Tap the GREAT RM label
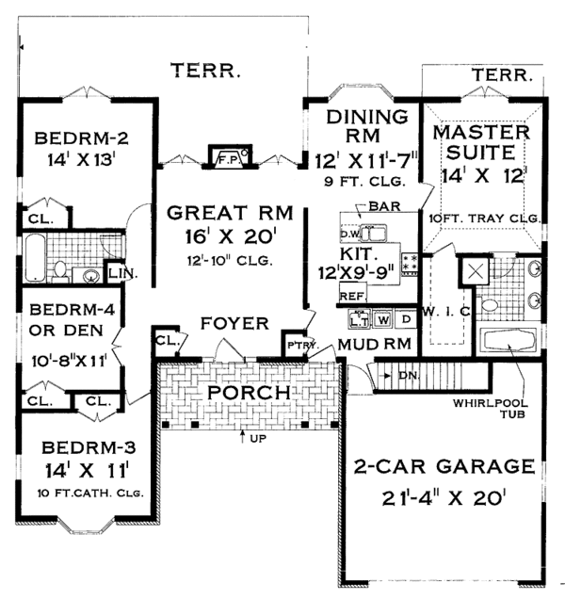220,213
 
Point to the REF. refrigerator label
352,297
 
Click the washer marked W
383,318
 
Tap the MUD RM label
374,344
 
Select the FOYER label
227,324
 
